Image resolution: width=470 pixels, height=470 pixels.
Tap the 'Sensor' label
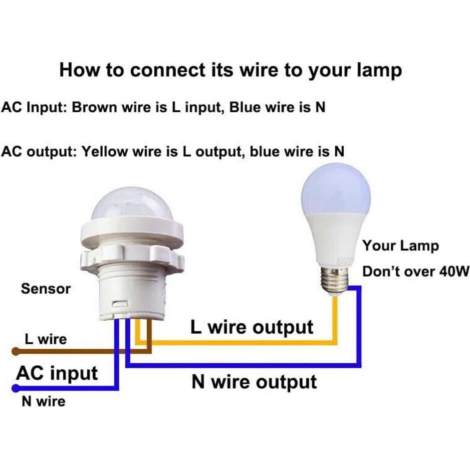46,288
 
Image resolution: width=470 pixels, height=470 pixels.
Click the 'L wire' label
45,339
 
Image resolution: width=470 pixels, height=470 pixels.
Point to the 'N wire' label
43,401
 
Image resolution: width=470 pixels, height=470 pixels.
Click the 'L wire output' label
252,327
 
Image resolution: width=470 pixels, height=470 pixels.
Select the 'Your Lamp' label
401,245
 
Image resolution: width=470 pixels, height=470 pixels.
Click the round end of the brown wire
15,351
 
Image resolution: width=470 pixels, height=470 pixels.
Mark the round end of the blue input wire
15,388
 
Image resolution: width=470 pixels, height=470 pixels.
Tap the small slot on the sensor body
119,303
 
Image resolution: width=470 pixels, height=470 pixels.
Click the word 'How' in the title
78,70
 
